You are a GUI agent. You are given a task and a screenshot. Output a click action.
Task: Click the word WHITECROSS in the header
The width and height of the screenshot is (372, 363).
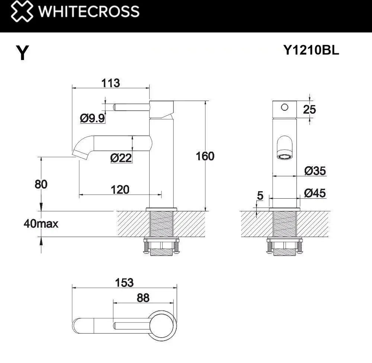click(89, 12)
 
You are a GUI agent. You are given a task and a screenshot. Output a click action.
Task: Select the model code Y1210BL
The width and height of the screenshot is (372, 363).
click(311, 51)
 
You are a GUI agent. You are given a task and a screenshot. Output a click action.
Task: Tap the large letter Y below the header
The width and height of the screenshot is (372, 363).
click(23, 53)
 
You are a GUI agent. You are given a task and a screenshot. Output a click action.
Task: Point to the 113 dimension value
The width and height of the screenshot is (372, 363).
click(110, 83)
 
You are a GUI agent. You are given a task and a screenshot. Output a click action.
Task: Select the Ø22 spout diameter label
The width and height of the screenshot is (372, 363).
click(121, 158)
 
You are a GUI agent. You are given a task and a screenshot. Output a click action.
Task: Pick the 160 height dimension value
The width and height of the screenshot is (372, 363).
click(205, 156)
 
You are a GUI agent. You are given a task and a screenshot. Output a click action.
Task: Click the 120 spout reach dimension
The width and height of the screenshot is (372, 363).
click(120, 190)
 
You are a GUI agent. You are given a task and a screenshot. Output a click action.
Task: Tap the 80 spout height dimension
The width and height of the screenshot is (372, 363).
click(41, 184)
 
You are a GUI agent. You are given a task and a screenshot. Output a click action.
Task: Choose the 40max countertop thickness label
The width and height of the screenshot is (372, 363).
click(41, 224)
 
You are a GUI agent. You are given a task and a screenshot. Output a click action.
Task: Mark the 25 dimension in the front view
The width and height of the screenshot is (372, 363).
click(309, 110)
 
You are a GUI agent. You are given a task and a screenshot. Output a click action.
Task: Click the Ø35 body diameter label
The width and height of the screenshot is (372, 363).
click(315, 171)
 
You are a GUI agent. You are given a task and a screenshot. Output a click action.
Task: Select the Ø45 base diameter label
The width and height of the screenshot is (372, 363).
click(315, 193)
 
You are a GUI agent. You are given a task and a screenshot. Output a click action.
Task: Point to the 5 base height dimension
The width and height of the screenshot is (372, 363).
click(260, 195)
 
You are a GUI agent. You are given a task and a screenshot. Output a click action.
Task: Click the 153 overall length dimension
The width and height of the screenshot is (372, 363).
click(124, 282)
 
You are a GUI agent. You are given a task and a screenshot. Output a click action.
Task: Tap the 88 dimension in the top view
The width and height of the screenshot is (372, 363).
click(143, 298)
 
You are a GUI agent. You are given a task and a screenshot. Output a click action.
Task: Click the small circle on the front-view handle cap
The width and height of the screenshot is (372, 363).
click(285, 107)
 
